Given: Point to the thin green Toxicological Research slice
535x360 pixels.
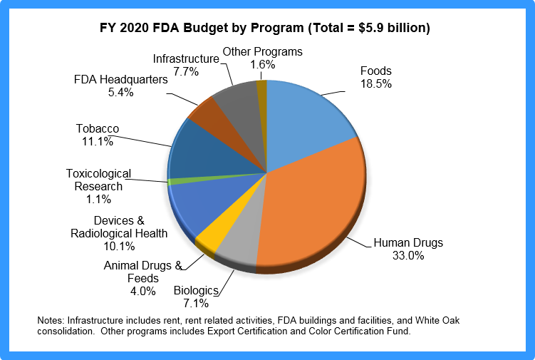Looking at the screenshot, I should click(173, 181).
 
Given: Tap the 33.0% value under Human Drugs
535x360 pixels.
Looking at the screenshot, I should click(408, 255).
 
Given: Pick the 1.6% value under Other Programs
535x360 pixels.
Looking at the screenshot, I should click(262, 64).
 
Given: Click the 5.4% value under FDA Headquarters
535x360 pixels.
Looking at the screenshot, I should click(120, 92).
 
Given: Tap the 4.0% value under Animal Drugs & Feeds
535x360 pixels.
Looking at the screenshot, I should click(138, 292).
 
